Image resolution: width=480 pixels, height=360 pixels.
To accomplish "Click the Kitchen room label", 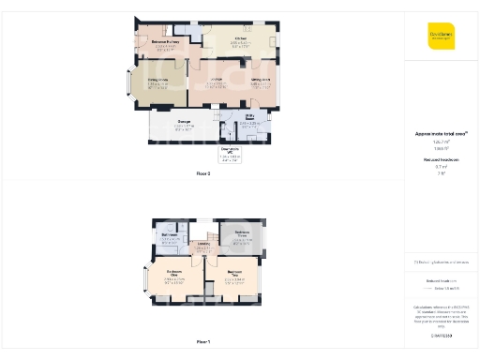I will [x=241, y=38].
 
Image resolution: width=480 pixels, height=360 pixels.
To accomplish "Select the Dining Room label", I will [x=157, y=80].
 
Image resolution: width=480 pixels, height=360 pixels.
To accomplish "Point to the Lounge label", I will [x=215, y=80].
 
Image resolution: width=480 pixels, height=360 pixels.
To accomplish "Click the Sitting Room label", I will [x=261, y=80].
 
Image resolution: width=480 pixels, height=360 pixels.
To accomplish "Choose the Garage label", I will [x=185, y=123].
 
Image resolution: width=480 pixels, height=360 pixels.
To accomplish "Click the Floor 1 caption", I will [x=203, y=341].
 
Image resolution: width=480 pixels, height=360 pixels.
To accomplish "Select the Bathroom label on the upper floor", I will [x=170, y=234].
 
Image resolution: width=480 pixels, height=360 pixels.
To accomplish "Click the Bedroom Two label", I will [x=234, y=273].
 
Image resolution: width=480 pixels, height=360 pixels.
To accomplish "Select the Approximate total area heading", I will [x=441, y=134].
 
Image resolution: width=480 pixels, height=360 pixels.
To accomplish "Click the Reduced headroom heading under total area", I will [x=441, y=159].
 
